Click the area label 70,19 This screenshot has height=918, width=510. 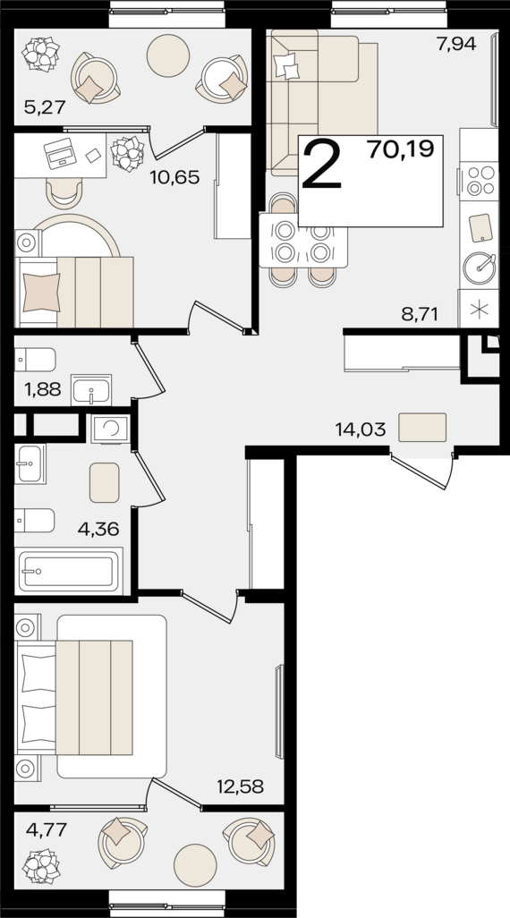coord(401,150)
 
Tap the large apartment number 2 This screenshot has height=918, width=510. coord(321,166)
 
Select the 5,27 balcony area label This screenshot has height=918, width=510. coord(44,106)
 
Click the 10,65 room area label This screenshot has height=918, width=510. coord(174,177)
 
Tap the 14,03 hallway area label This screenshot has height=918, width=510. coord(360,430)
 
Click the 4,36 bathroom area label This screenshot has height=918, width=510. coord(98,530)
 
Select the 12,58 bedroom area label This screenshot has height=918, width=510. coord(240,786)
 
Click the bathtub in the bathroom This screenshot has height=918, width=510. coord(69,572)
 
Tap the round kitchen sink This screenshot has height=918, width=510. coord(480,268)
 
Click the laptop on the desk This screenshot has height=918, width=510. coord(61,153)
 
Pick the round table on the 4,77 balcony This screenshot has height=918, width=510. coord(196,865)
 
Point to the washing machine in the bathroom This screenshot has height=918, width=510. coord(110,429)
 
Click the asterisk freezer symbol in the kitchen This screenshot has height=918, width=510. coord(479,309)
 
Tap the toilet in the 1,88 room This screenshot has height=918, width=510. coord(35,360)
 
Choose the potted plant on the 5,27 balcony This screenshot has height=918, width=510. coord(41,54)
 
